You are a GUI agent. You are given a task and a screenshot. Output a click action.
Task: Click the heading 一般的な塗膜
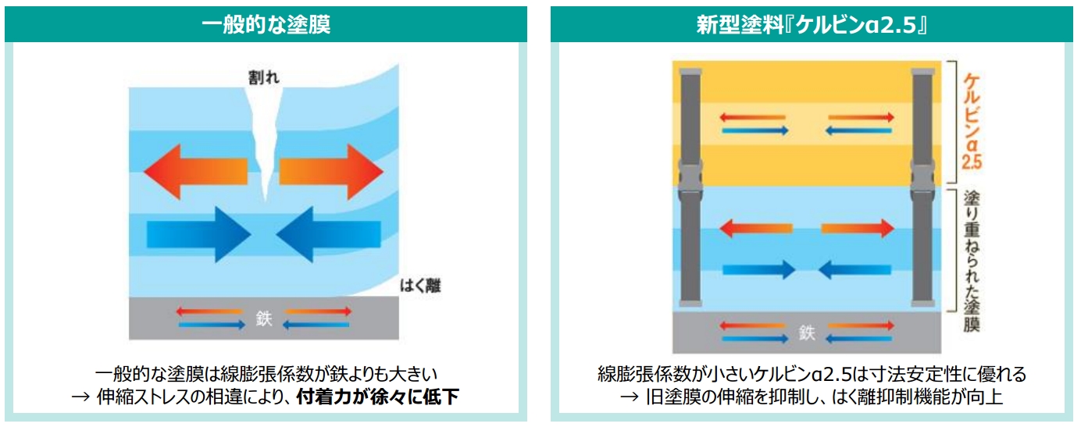(x=266, y=23)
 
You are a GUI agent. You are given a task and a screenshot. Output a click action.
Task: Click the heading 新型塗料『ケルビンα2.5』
(x=813, y=23)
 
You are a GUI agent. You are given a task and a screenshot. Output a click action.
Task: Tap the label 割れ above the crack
(x=260, y=77)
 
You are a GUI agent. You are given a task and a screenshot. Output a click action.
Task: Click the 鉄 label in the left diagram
(x=264, y=318)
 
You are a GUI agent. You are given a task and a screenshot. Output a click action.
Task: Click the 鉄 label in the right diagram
(x=807, y=333)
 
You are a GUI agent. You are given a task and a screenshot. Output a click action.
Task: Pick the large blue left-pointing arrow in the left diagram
(x=328, y=232)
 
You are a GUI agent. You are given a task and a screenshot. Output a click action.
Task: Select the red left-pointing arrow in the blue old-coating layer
(x=756, y=229)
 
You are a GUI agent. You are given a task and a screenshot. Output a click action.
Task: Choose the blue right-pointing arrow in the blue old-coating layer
(x=758, y=269)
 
